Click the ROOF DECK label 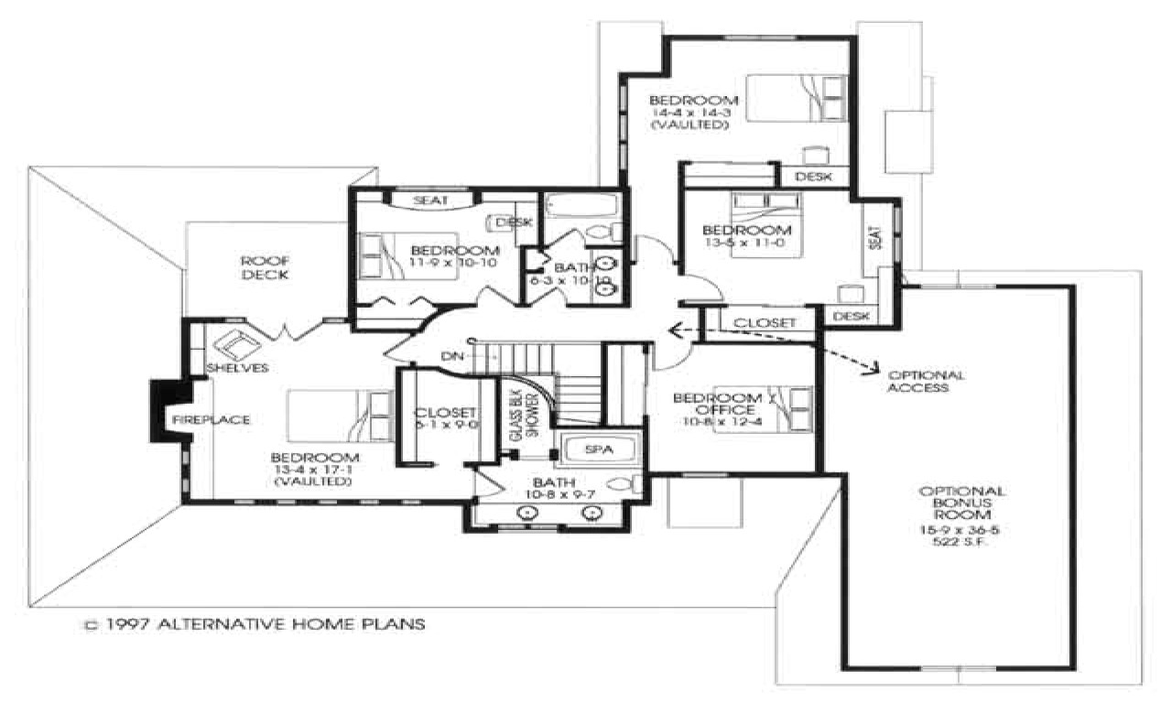(x=266, y=267)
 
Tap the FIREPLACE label (x=208, y=419)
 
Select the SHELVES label (x=236, y=368)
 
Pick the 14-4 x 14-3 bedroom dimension (x=691, y=113)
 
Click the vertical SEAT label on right (x=875, y=239)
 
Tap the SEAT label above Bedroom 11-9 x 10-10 (x=430, y=200)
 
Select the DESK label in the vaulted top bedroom (x=813, y=177)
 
